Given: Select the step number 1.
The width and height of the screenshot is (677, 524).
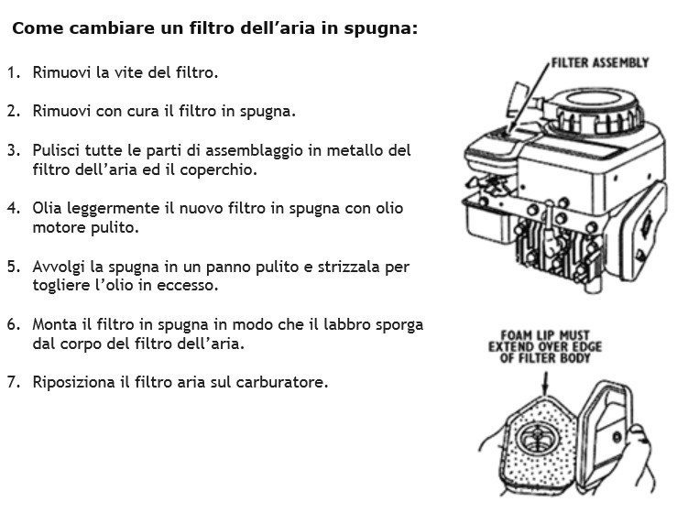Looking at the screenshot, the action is click(x=14, y=72).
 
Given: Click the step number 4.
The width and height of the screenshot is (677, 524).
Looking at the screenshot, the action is click(x=14, y=208).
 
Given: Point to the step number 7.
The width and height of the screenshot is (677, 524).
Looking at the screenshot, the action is click(x=14, y=382).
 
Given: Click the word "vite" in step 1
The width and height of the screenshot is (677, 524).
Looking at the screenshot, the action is click(x=128, y=72).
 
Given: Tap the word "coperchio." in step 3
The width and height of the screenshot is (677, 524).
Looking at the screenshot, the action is click(x=218, y=169).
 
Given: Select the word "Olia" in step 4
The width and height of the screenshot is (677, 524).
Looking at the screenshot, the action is click(x=47, y=208).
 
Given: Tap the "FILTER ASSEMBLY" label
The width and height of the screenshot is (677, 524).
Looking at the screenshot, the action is click(x=600, y=62).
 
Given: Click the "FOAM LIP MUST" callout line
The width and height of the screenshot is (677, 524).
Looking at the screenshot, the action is click(x=545, y=335).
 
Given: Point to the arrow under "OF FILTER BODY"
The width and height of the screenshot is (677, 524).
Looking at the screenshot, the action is click(x=546, y=383).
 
